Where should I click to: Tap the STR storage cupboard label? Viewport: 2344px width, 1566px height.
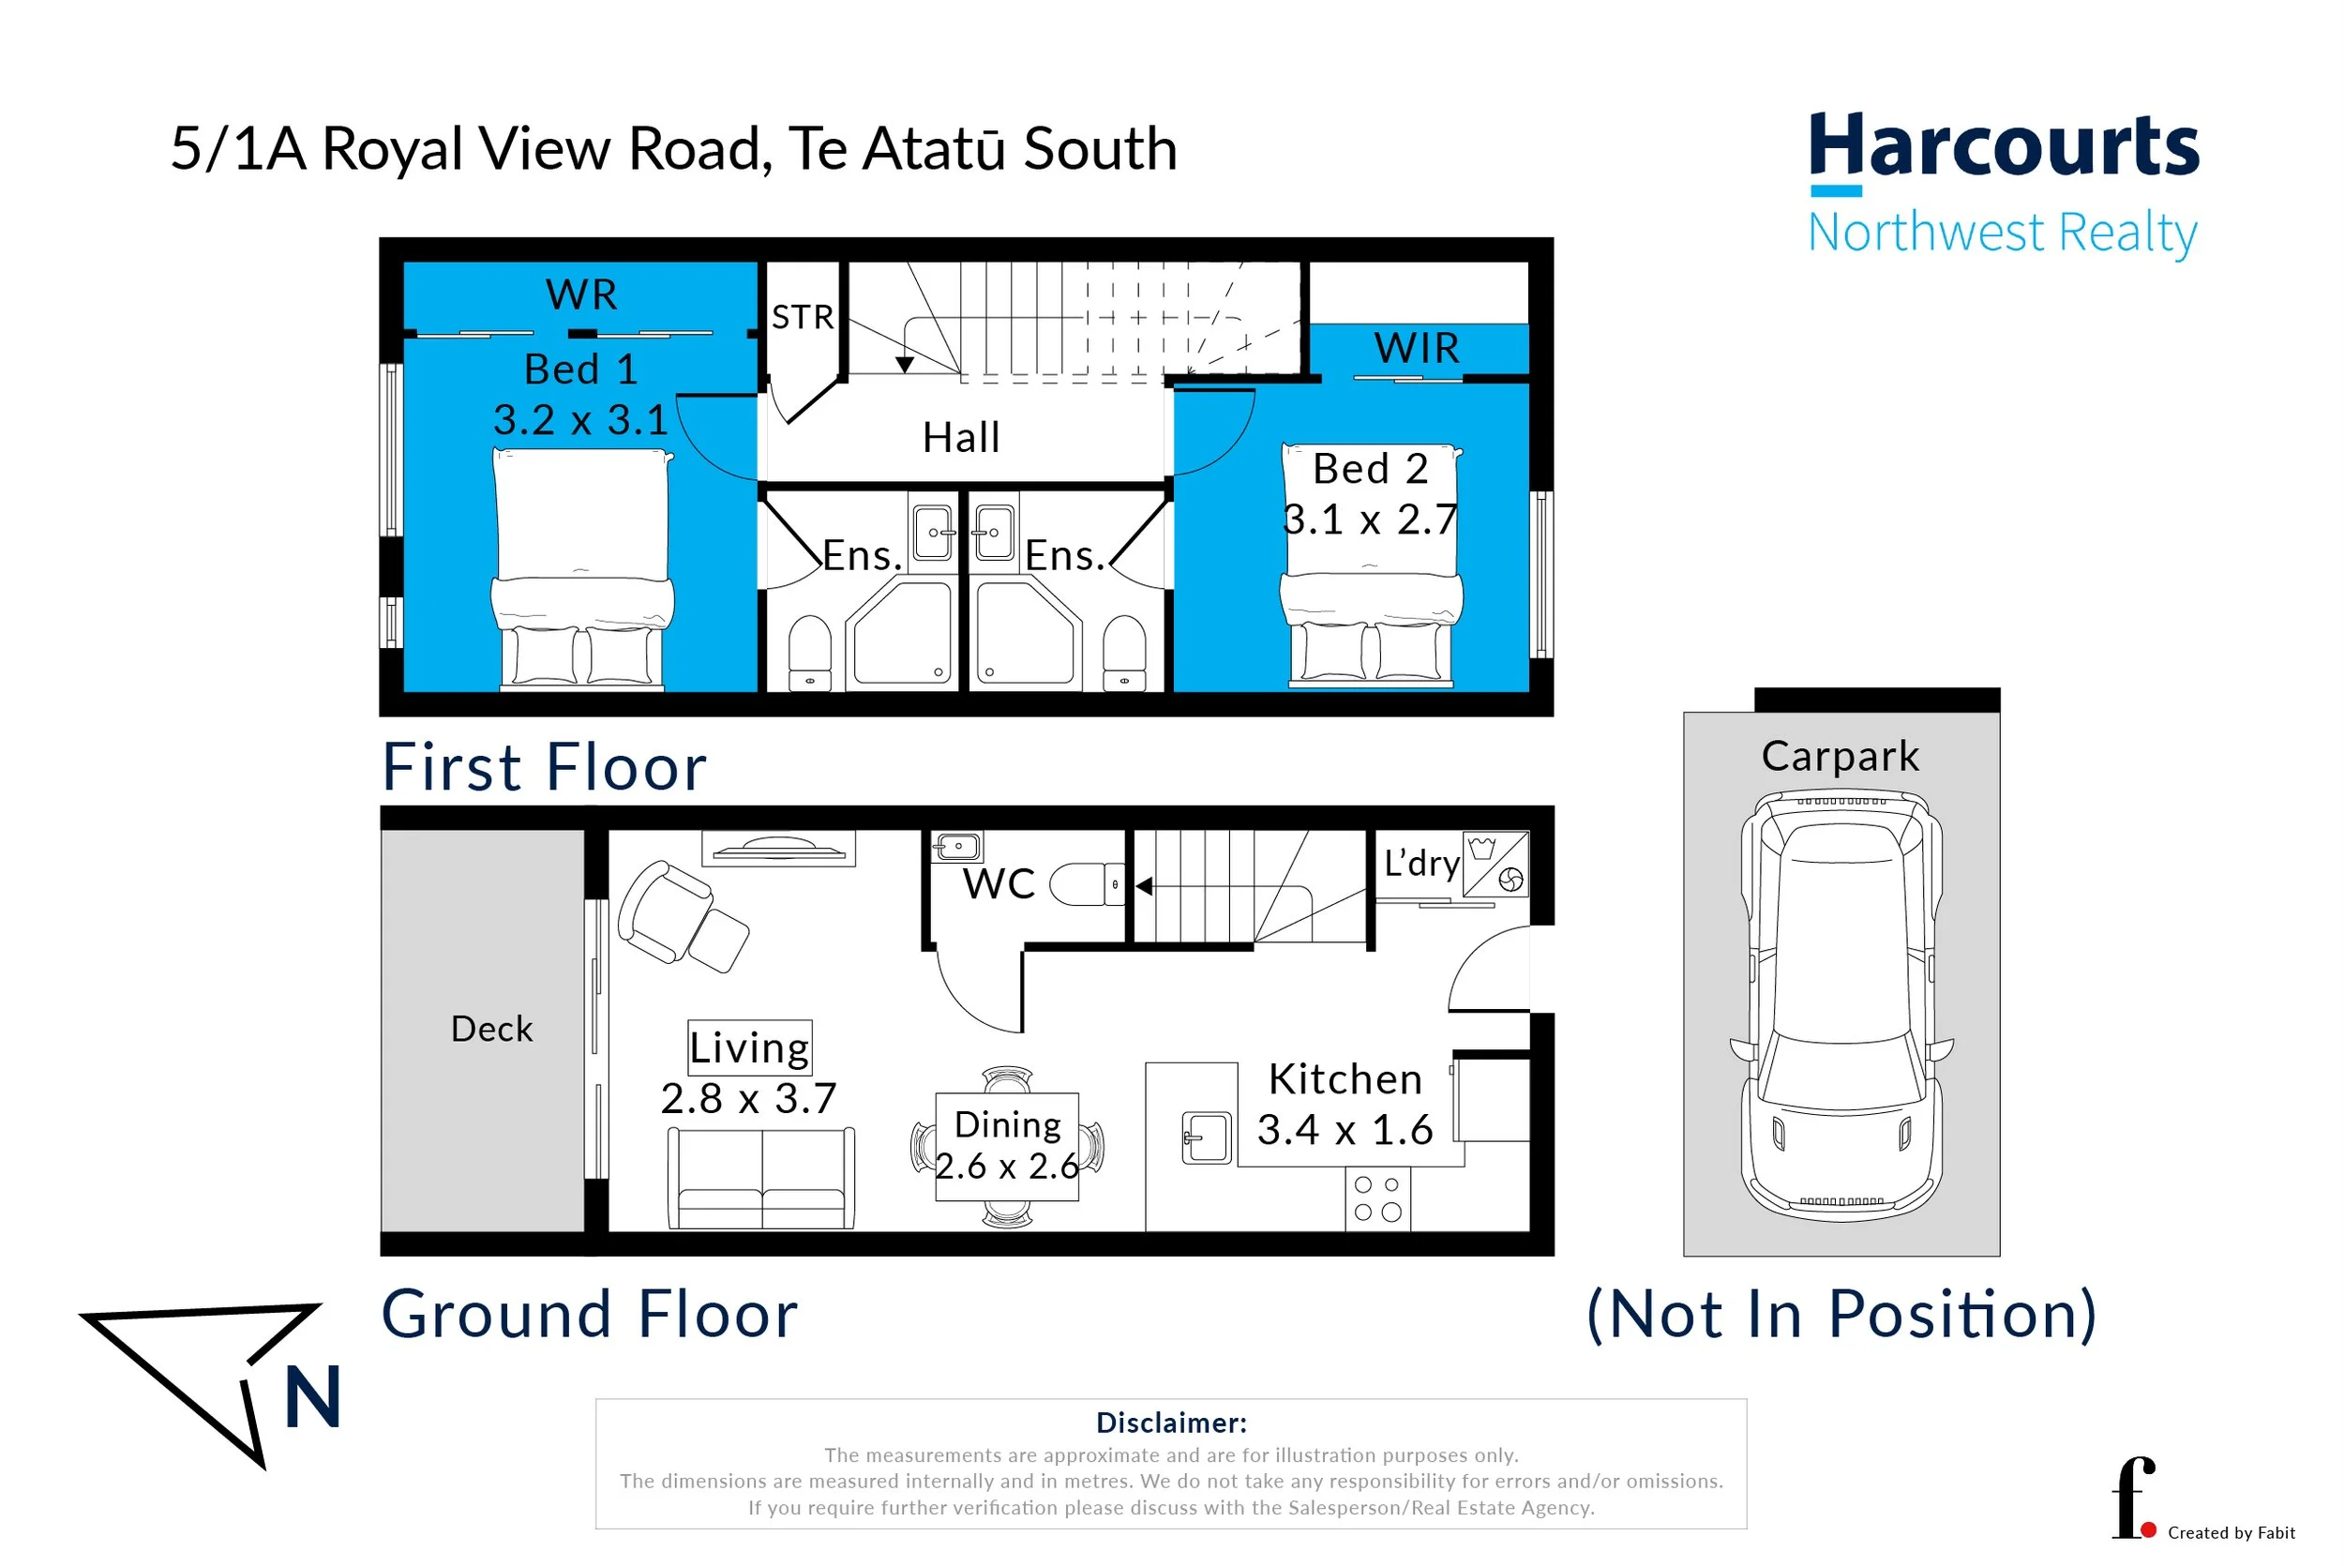[x=802, y=318]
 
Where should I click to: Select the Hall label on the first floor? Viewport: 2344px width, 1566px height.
[x=960, y=437]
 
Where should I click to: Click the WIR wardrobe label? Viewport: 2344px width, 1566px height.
[x=1416, y=349]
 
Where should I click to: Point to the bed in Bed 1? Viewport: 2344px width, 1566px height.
[x=582, y=569]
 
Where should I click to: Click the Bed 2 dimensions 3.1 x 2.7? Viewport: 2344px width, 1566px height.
[x=1369, y=520]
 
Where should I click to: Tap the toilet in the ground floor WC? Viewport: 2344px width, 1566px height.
[x=1086, y=884]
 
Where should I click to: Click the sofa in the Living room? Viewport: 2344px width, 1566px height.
[x=760, y=1179]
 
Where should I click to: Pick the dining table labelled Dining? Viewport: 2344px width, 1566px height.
[x=1006, y=1147]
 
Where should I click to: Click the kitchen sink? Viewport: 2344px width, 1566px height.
[x=1206, y=1137]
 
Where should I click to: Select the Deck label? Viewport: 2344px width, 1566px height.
[x=491, y=1029]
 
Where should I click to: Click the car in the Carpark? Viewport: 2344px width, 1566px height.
[x=1840, y=1003]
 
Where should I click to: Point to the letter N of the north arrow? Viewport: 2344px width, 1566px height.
[x=312, y=1397]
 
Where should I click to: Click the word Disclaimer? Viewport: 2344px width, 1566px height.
[x=1170, y=1423]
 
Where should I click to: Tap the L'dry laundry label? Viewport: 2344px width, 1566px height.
[x=1420, y=863]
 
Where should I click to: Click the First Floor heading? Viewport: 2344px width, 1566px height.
[x=544, y=767]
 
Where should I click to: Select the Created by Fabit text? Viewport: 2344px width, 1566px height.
[x=2231, y=1532]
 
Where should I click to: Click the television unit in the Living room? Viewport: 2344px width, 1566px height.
[x=777, y=849]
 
